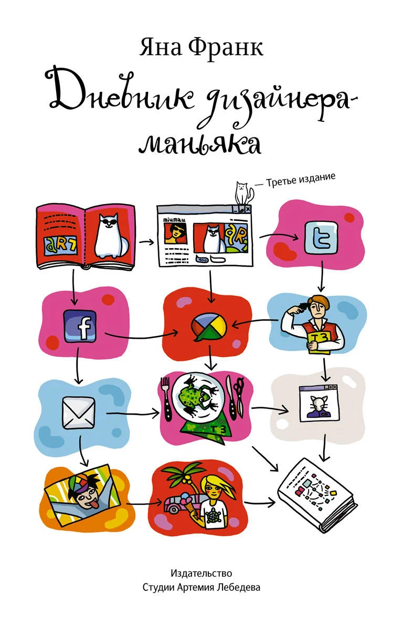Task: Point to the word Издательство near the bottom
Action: [201, 573]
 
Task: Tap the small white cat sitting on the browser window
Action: [243, 194]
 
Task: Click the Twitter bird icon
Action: [321, 239]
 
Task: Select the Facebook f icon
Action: [80, 326]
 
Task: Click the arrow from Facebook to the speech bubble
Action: [141, 336]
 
